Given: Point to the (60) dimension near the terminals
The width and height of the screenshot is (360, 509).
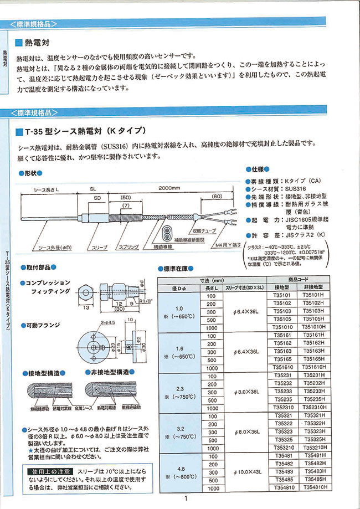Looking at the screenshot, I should click(x=217, y=196).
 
